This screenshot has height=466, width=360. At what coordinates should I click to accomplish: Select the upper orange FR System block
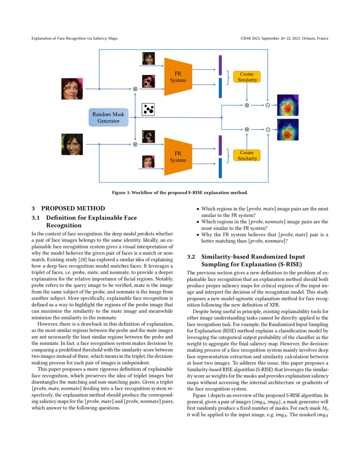click(x=178, y=77)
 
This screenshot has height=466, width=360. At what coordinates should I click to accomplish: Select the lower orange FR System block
click(x=178, y=157)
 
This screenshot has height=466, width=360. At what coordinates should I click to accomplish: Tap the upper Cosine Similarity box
click(x=247, y=77)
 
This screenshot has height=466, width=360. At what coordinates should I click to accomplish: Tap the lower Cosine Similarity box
click(x=247, y=155)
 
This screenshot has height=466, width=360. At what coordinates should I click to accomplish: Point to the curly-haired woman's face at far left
click(x=72, y=89)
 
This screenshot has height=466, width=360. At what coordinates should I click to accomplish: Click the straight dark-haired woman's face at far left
click(x=72, y=144)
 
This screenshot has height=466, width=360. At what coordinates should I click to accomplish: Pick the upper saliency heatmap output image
click(x=288, y=105)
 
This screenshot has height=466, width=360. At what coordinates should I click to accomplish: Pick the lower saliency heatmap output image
click(x=288, y=130)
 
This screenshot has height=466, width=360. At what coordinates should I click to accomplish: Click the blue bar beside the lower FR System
click(x=220, y=168)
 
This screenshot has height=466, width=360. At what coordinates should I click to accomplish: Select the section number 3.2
click(x=191, y=257)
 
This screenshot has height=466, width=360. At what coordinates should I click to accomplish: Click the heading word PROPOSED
click(x=60, y=208)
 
